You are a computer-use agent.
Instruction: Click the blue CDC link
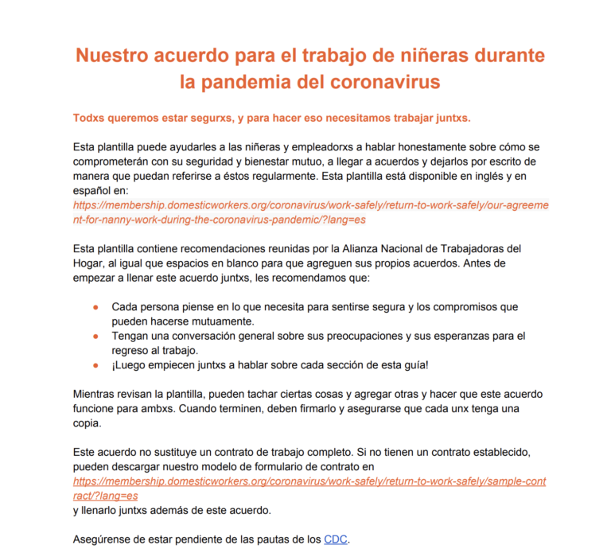(335, 539)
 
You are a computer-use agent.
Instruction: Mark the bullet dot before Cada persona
(95, 307)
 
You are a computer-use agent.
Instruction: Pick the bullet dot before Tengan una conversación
(95, 337)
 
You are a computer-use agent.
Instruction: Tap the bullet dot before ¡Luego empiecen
(95, 365)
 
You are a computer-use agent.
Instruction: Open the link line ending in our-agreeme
(310, 205)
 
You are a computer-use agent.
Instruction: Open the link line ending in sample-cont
(310, 481)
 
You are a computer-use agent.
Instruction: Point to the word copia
(86, 423)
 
